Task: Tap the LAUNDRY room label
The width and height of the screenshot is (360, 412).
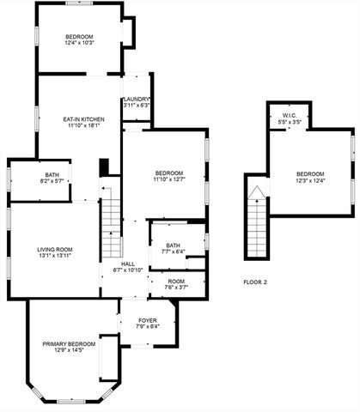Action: click(137, 99)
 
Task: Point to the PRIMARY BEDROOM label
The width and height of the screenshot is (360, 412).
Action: click(68, 343)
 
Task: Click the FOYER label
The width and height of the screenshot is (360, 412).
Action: click(148, 320)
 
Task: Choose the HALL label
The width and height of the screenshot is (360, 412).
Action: click(128, 264)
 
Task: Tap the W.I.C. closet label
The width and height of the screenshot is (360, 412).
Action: click(289, 115)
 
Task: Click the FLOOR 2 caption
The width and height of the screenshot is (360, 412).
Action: click(255, 282)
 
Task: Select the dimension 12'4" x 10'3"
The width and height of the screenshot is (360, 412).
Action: click(85, 43)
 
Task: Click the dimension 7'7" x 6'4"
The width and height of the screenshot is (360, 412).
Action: click(173, 252)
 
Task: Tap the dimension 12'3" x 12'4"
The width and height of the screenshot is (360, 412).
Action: click(311, 179)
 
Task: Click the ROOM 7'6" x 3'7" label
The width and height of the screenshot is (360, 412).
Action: click(177, 284)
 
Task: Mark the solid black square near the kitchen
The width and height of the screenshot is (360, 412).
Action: click(104, 167)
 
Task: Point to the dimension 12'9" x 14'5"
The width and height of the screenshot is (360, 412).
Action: click(68, 350)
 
